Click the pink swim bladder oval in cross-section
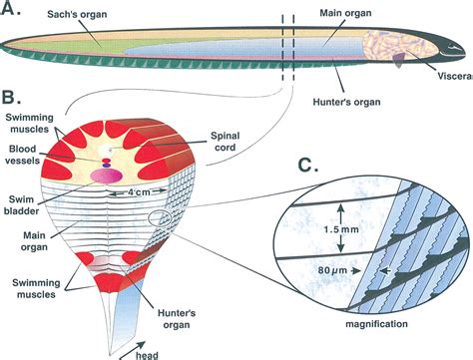pos(106,174)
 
